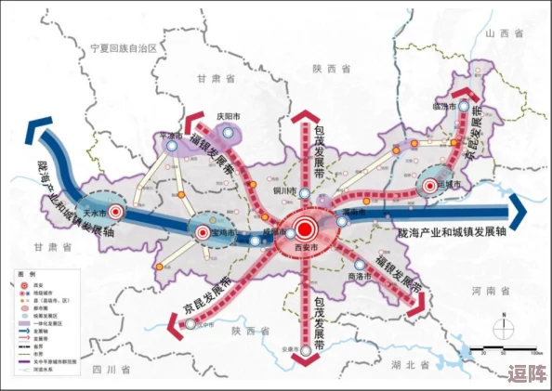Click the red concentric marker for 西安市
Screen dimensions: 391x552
point(307,228)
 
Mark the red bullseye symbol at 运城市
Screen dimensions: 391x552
point(429,186)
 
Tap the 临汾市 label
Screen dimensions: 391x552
point(446,107)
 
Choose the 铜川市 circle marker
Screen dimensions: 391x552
point(292,191)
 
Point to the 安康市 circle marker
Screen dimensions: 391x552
point(308,350)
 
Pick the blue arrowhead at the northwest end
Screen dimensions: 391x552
point(37,134)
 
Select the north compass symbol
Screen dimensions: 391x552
point(502,326)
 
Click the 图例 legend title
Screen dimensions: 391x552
point(26,276)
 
